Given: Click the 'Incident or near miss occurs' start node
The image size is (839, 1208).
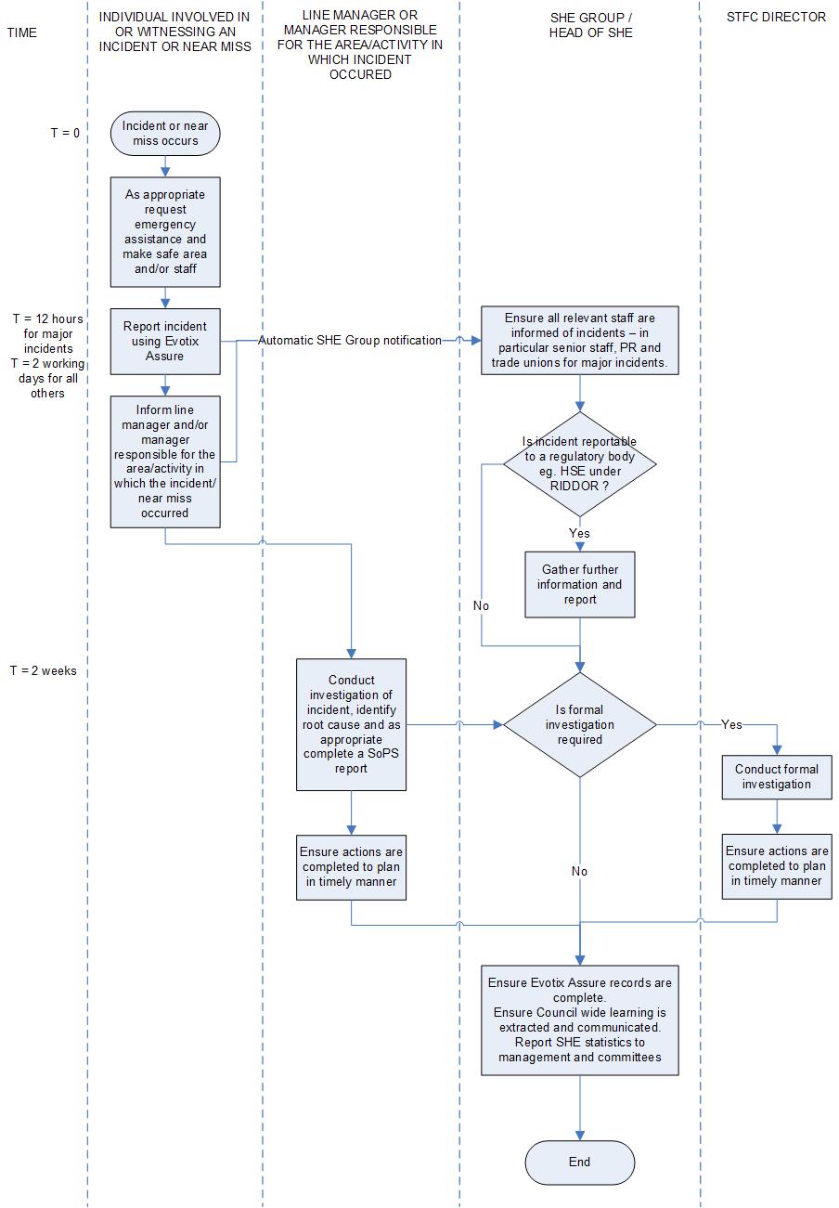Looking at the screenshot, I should click(x=165, y=134).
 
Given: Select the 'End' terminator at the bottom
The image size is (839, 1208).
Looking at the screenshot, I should click(x=579, y=1162).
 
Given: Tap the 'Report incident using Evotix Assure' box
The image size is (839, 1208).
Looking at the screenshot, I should click(x=165, y=341).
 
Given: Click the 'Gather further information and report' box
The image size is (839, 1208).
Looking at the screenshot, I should click(x=579, y=585).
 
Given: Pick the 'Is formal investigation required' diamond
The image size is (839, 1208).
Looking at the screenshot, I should click(x=579, y=725).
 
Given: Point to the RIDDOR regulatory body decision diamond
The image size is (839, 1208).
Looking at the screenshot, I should click(x=579, y=464).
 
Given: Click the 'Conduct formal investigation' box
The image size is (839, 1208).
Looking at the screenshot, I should click(x=777, y=776).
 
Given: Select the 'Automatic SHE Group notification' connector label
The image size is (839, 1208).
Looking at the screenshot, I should click(x=350, y=341).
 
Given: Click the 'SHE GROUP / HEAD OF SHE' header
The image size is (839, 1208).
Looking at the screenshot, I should click(x=579, y=25).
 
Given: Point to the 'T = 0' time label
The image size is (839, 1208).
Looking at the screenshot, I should click(x=65, y=133).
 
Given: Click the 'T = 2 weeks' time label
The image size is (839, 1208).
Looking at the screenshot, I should click(x=44, y=670).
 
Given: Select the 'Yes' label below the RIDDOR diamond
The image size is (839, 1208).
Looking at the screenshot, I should click(x=579, y=534).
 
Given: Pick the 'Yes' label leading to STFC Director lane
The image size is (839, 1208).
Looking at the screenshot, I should click(x=731, y=724).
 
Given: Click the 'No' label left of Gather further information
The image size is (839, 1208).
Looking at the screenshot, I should click(x=481, y=605).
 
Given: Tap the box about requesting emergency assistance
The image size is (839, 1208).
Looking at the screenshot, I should click(x=165, y=232).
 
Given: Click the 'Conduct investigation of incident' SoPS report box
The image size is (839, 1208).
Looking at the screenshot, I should click(x=351, y=724).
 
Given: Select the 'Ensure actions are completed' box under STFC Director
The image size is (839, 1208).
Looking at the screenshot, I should click(x=777, y=865).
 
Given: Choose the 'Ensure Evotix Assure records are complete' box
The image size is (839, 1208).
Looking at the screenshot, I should click(x=579, y=1020).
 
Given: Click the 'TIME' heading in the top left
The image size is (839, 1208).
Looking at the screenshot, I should click(x=22, y=33).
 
